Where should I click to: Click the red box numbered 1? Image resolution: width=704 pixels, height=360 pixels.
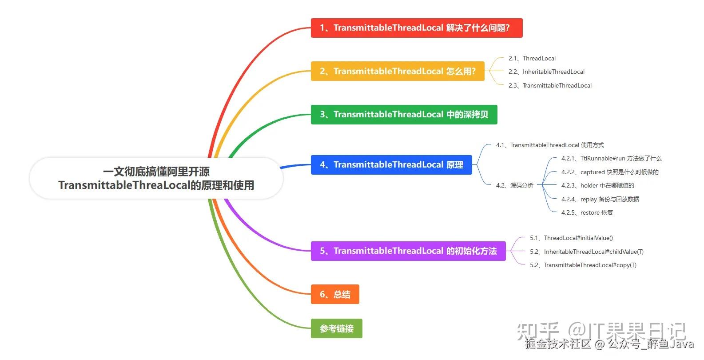coord(417,28)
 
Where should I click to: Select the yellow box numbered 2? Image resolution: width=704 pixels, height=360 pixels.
coord(398,72)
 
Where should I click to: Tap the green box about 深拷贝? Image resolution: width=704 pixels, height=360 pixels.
coord(404,115)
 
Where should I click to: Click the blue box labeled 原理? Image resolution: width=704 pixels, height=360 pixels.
coord(391,165)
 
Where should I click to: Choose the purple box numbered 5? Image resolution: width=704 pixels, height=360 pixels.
coord(408,251)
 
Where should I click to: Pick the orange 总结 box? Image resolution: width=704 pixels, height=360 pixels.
coord(335,294)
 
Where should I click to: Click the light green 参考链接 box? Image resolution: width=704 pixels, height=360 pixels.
coord(337,328)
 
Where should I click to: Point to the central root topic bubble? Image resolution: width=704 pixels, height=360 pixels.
coord(156,178)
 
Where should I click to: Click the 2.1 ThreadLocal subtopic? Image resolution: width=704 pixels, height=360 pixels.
coord(532,59)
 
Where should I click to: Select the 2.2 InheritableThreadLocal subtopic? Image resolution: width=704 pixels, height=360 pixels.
coord(546,72)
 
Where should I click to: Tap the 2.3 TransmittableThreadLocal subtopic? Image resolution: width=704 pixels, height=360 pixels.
coord(550,85)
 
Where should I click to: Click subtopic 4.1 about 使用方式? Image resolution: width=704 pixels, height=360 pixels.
coord(550,145)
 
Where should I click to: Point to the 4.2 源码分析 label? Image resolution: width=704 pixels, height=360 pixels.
coord(514,185)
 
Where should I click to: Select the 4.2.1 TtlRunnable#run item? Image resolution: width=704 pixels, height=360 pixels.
coord(611,159)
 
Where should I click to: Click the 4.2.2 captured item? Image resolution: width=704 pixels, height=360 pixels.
coord(610,172)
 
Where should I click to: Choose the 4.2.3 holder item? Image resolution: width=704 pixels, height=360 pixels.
coord(597,185)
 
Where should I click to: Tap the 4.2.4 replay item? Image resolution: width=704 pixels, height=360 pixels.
coord(600,200)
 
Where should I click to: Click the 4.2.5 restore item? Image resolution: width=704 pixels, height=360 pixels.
coord(587,213)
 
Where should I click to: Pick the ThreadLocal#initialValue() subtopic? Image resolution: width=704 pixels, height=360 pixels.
coord(571,238)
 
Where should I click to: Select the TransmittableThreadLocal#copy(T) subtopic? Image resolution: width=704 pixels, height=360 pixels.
coord(583,265)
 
